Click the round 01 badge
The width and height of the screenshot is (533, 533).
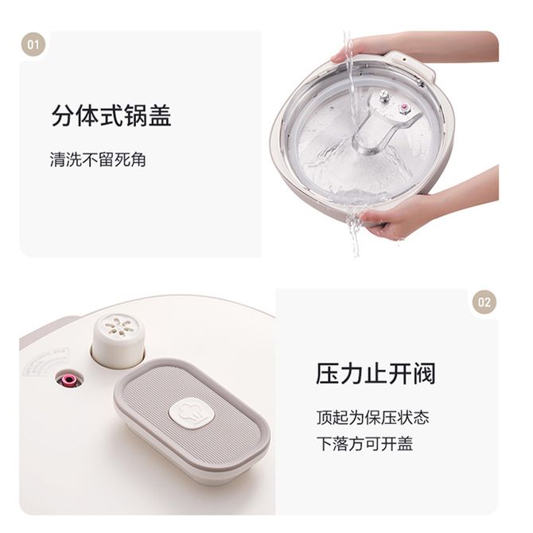pos(33,45)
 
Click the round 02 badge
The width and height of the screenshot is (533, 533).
pos(484,302)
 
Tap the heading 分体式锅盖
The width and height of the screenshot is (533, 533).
pos(111,115)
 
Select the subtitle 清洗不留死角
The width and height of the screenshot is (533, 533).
pos(98,159)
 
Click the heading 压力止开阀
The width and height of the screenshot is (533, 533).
pos(375,374)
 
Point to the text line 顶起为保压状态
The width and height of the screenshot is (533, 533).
pos(372,417)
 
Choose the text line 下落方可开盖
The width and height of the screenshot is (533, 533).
pos(364,443)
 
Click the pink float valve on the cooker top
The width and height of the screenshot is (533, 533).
pos(70,379)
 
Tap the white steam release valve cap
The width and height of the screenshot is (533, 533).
pos(119,340)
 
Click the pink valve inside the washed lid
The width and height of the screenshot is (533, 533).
pos(404,107)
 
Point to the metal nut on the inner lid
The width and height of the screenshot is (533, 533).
pos(384,96)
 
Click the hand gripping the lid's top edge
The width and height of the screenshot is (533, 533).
pos(408,46)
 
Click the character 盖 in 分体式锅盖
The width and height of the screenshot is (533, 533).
pos(160,115)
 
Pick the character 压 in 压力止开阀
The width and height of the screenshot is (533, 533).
pos(328,374)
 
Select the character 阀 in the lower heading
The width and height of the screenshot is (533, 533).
pos(424,374)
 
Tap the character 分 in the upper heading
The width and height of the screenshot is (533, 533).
pos(63,115)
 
